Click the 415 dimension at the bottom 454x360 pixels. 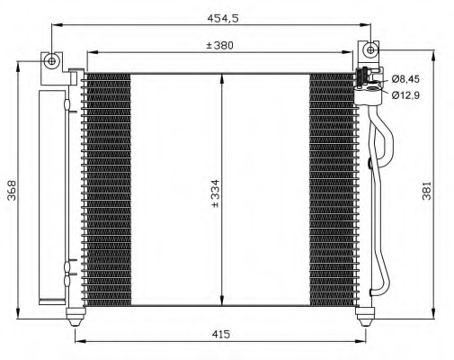tap(221, 334)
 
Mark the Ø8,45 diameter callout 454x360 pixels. tap(405, 78)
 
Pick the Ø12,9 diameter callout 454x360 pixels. tap(405, 94)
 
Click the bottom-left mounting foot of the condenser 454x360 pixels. tap(76, 314)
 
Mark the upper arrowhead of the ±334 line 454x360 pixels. tap(222, 77)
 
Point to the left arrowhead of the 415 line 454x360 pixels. tap(77, 341)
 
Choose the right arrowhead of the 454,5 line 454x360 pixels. tap(369, 26)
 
